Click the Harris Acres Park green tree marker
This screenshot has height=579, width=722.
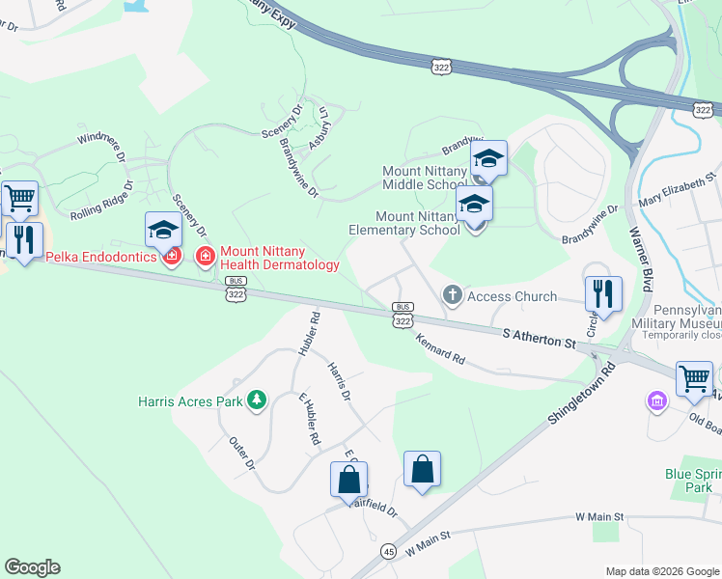coord(256,400)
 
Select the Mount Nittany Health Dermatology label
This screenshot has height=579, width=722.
coord(279,258)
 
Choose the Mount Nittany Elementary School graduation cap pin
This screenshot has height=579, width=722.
coord(474,205)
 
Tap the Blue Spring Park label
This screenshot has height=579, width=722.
coord(687,481)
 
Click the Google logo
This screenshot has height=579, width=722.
coord(32,567)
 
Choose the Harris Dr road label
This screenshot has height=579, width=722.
coord(338,382)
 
